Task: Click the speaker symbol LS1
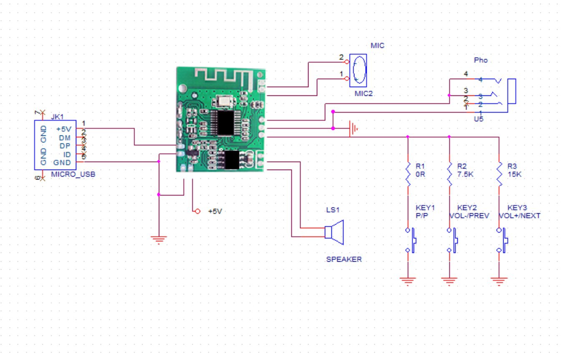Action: tap(334, 232)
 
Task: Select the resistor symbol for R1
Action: tap(408, 175)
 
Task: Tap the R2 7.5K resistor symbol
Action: tap(449, 175)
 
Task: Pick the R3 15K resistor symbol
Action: tap(499, 175)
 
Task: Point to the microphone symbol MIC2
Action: tap(358, 70)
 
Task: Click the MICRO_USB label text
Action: tap(73, 174)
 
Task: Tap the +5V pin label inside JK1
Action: tap(64, 129)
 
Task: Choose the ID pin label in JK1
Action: tap(67, 155)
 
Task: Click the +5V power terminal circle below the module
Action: tap(198, 211)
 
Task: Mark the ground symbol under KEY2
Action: tap(449, 281)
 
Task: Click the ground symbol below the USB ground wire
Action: tap(158, 240)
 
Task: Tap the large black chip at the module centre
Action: tap(226, 123)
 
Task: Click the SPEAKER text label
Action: tap(344, 259)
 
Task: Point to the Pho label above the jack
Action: tap(481, 60)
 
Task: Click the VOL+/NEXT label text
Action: tap(519, 215)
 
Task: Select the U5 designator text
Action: tap(479, 119)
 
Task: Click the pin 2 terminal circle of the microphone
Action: tap(347, 62)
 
